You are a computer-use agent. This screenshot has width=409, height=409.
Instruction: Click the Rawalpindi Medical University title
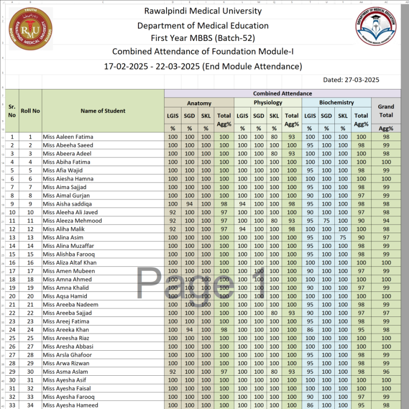(202, 11)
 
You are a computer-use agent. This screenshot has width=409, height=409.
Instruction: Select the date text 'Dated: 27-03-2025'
(351, 79)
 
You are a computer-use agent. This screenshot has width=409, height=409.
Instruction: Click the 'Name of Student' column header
(103, 111)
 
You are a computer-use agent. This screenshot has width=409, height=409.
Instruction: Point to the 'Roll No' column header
(30, 111)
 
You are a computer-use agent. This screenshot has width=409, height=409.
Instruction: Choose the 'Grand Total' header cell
(385, 111)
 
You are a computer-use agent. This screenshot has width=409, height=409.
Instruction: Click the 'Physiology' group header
(268, 102)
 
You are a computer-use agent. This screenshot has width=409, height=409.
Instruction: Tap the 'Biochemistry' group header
(336, 102)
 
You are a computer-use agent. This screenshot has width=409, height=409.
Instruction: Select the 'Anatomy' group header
(199, 102)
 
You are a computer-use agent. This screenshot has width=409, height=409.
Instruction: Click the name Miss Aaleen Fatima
(68, 137)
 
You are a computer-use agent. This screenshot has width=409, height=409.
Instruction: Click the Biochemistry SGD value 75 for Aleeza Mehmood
(326, 221)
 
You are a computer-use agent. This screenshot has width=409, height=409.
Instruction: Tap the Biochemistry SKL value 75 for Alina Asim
(343, 238)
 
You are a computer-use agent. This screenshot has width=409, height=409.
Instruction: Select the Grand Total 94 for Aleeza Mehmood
(385, 221)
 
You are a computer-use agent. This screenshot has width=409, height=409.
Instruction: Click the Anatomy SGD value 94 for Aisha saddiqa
(189, 204)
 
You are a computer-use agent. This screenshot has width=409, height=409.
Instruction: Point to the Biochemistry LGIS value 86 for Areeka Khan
(310, 330)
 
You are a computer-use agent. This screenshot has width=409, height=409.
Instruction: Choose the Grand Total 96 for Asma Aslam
(385, 372)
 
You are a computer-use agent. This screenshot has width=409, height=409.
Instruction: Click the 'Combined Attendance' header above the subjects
(282, 94)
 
